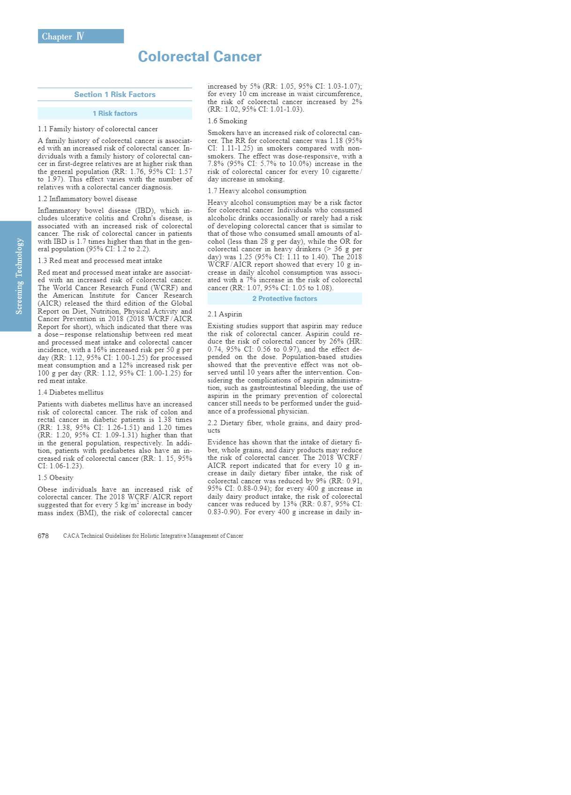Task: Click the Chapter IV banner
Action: [81, 37]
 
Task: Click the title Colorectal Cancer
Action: [200, 57]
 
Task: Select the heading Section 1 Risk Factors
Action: [115, 95]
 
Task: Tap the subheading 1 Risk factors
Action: [115, 113]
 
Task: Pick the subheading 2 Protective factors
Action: [285, 299]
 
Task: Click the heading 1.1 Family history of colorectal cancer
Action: [98, 129]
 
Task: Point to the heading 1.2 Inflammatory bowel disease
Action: [87, 199]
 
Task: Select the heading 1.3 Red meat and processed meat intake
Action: [100, 261]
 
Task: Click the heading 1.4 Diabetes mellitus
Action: [70, 392]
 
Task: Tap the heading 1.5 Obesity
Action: [55, 478]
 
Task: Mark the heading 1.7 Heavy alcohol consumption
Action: [257, 191]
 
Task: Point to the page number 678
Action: [43, 536]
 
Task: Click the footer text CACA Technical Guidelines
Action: [153, 536]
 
